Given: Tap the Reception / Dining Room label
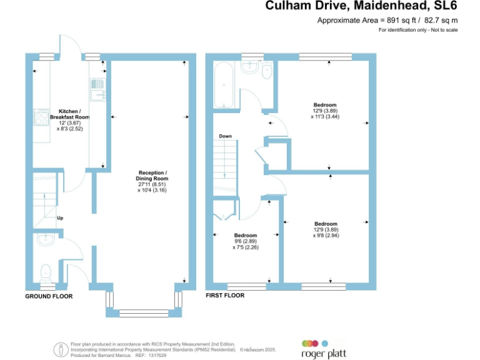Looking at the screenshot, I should (152, 181).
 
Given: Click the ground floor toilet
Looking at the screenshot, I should (45, 272).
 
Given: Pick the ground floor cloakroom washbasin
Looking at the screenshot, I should (45, 240).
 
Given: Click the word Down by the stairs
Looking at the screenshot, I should (225, 136).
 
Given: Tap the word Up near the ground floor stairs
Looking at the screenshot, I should (60, 218).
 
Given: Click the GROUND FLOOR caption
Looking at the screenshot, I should (49, 296).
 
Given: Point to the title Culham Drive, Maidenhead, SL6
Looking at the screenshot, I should (361, 6).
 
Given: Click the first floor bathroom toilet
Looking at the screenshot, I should (267, 69).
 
